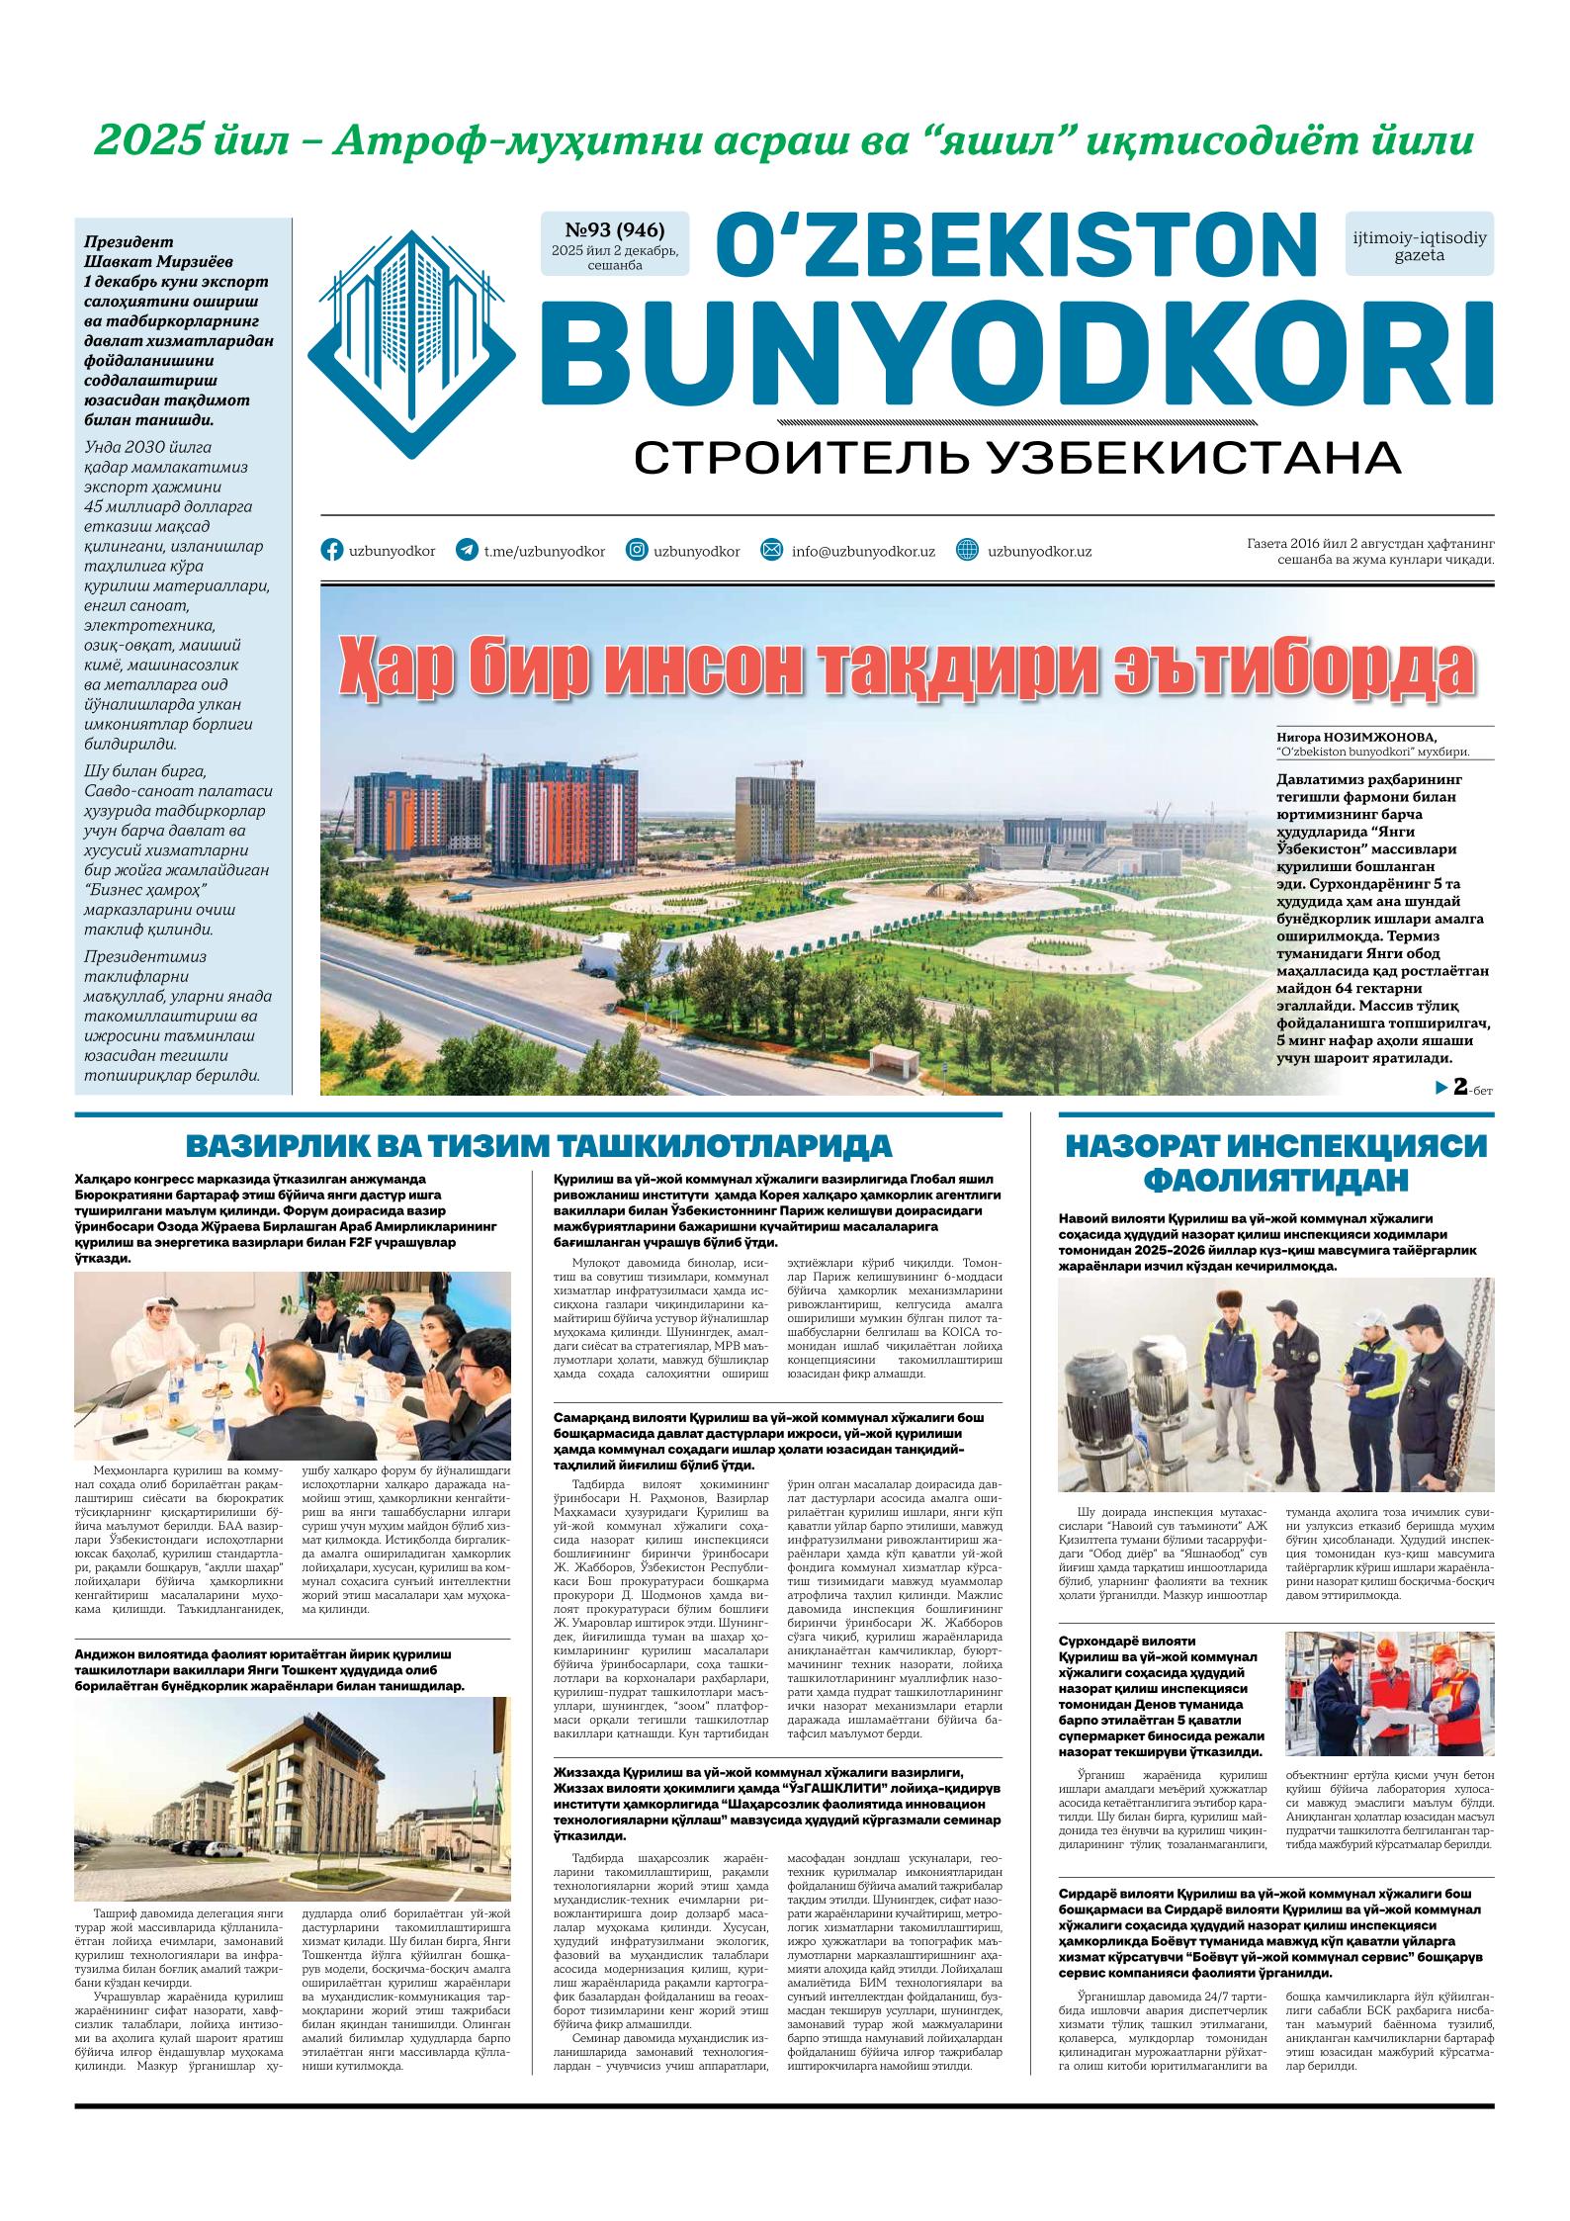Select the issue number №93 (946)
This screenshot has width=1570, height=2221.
(613, 231)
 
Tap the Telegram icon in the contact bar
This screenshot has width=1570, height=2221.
(466, 551)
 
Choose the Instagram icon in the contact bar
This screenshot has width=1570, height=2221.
(638, 551)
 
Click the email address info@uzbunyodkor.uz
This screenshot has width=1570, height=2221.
(862, 552)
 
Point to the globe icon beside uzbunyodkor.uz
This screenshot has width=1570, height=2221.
(968, 551)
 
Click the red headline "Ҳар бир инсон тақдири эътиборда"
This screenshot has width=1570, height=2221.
(906, 670)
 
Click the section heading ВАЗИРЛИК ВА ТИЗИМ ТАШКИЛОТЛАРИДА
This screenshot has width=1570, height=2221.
(539, 1147)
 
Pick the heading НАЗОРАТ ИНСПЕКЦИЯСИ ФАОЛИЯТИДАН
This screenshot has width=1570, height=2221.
(1275, 1162)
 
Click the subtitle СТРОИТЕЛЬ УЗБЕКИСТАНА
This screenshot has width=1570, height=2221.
(1016, 458)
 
